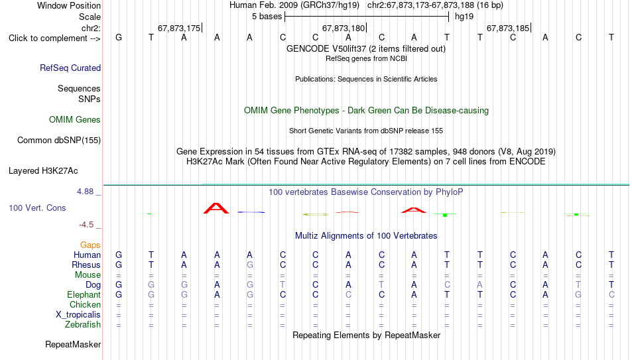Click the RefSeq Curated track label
pyautogui.click(x=70, y=68)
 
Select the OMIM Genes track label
pyautogui.click(x=75, y=120)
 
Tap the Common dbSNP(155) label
pyautogui.click(x=59, y=141)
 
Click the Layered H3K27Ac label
pyautogui.click(x=43, y=171)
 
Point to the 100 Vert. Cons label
pyautogui.click(x=37, y=208)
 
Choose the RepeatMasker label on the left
pyautogui.click(x=73, y=344)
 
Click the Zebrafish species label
pyautogui.click(x=83, y=324)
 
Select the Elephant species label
pyautogui.click(x=84, y=294)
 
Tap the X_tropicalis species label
pyautogui.click(x=78, y=315)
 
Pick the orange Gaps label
pyautogui.click(x=90, y=245)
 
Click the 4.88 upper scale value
pyautogui.click(x=85, y=192)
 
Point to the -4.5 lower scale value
pyautogui.click(x=86, y=225)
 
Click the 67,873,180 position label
pyautogui.click(x=344, y=28)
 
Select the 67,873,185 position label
pyautogui.click(x=508, y=28)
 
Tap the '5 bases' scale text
pyautogui.click(x=267, y=17)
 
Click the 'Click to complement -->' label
pyautogui.click(x=54, y=38)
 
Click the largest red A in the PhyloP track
pyautogui.click(x=216, y=208)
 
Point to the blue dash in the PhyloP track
pyautogui.click(x=251, y=212)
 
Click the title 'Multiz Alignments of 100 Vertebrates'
pyautogui.click(x=366, y=236)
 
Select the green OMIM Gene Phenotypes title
pyautogui.click(x=367, y=111)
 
